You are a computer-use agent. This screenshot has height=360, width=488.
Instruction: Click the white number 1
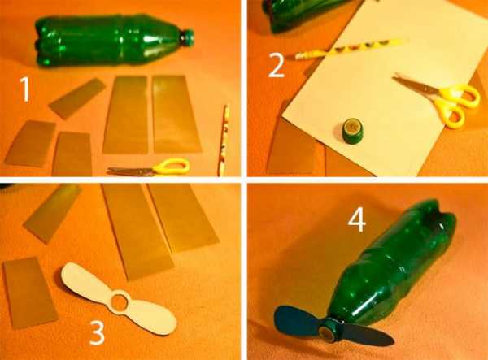click(x=25, y=89)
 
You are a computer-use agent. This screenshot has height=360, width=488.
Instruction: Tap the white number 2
click(x=277, y=66)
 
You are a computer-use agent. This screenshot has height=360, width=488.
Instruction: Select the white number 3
click(x=97, y=333)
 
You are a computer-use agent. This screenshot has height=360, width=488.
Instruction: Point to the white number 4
click(x=357, y=220)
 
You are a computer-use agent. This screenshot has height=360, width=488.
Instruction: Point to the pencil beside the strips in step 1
click(x=224, y=140)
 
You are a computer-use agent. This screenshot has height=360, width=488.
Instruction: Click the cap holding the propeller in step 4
click(x=329, y=330)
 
